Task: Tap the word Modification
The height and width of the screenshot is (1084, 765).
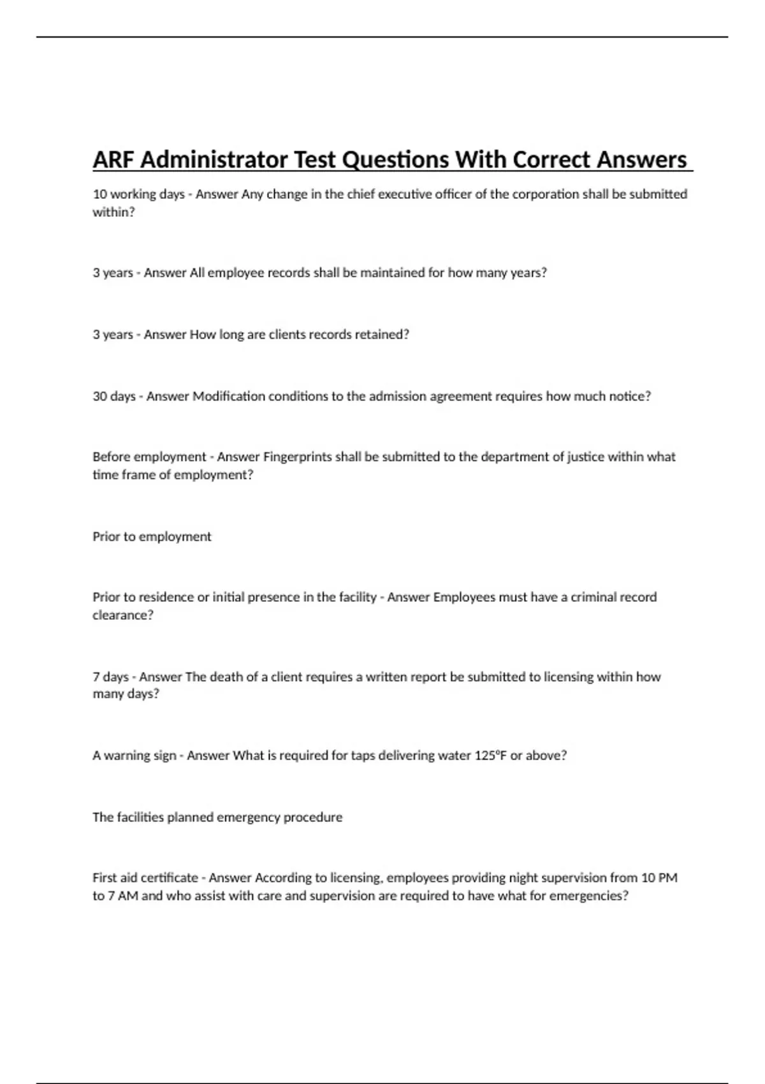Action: point(229,397)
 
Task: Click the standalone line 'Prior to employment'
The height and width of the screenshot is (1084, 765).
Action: point(152,537)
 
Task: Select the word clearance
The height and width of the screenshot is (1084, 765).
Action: point(121,615)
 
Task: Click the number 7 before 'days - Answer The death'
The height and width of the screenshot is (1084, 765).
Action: point(96,677)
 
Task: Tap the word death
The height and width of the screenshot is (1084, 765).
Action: point(224,677)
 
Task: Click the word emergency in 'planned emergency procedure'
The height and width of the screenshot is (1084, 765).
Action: point(249,817)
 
